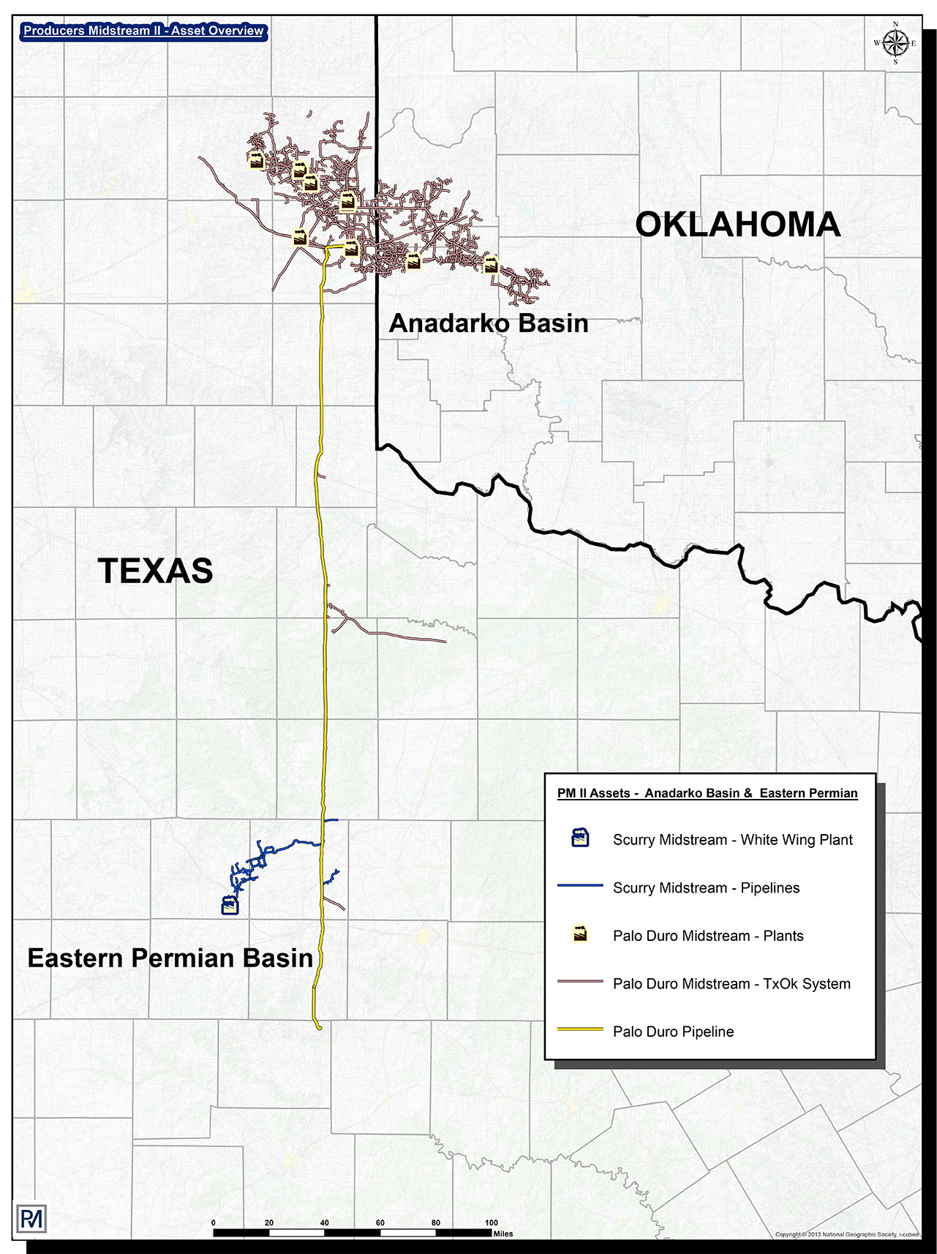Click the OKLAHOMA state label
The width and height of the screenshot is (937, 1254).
point(737,224)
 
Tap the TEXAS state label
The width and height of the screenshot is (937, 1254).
point(156,571)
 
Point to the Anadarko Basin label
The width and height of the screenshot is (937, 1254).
point(489,323)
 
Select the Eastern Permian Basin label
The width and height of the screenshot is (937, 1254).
point(170,958)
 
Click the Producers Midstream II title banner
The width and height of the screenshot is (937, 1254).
point(143,31)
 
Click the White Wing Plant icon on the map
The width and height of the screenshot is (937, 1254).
point(230,905)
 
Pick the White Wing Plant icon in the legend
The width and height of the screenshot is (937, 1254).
point(580,838)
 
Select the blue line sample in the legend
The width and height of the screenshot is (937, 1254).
point(580,887)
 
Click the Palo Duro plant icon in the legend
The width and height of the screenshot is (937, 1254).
point(580,934)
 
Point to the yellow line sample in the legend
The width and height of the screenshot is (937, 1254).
point(580,1030)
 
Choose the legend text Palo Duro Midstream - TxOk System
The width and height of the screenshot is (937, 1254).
point(731,983)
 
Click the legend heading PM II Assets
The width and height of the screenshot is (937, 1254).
point(707,793)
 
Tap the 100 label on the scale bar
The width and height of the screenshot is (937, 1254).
point(492,1223)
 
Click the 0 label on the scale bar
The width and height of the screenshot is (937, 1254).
point(214,1223)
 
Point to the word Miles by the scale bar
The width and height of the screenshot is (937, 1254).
point(503,1234)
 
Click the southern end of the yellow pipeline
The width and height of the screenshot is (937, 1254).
point(319,1028)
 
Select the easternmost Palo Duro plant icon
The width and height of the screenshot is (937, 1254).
point(491,263)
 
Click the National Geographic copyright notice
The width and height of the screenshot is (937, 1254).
point(846,1235)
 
